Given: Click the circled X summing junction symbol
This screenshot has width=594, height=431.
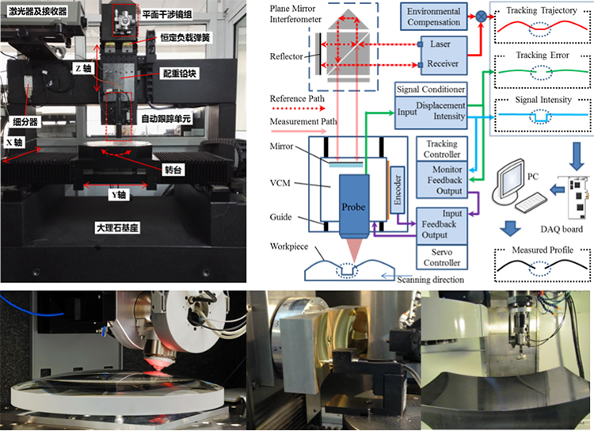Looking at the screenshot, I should point(479,16).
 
